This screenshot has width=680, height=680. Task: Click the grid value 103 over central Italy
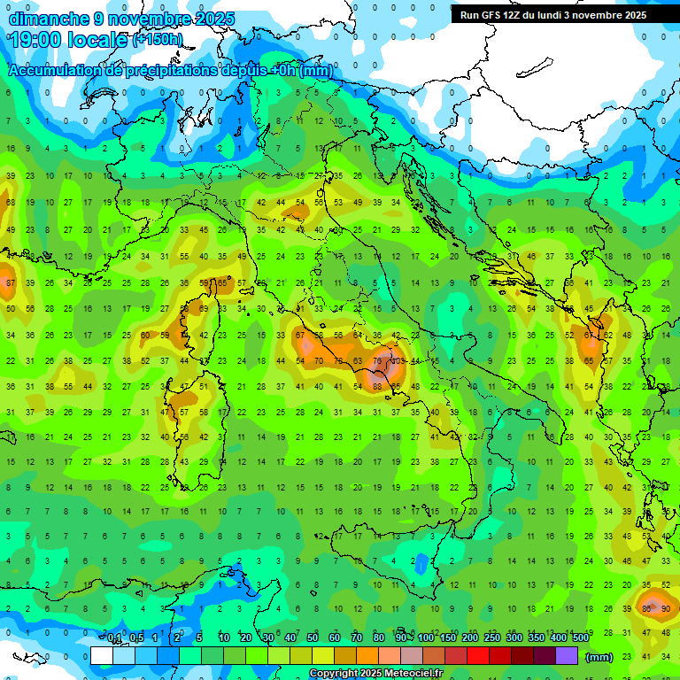click(397, 361)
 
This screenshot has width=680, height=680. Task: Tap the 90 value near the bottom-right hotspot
click(665, 609)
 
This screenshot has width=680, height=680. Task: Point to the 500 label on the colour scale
click(581, 638)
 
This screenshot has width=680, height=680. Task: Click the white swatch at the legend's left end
click(102, 655)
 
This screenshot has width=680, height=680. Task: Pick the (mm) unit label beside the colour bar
click(599, 656)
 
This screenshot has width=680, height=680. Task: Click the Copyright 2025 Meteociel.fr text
click(375, 674)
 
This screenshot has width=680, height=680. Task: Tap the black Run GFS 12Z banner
click(553, 15)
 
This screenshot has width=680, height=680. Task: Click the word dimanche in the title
click(46, 19)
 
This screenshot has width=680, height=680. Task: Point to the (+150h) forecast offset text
click(158, 40)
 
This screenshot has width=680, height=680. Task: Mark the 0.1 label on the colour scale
click(114, 638)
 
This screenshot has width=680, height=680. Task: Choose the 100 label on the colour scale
click(426, 638)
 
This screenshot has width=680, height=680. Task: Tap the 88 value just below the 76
click(377, 386)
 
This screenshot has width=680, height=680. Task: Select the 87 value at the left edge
click(11, 282)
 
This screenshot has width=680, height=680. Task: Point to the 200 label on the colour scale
click(470, 638)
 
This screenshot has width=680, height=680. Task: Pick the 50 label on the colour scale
click(313, 638)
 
